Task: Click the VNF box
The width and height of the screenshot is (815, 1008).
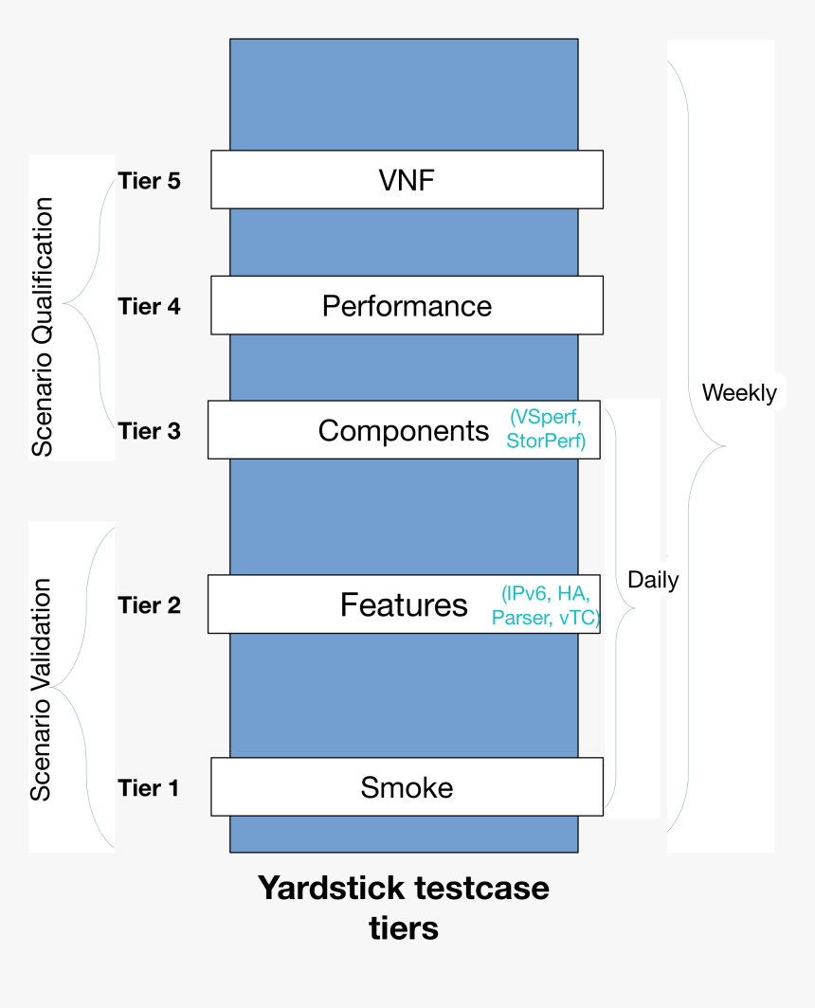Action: (x=407, y=180)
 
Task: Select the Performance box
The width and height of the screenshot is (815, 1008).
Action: (x=407, y=306)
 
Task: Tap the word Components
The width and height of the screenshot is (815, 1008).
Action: (x=404, y=431)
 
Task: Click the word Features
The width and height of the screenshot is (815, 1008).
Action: (x=404, y=604)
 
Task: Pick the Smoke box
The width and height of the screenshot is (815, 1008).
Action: (x=407, y=787)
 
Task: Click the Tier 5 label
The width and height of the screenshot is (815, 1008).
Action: (x=149, y=181)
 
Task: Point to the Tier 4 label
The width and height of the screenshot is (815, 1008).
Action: (x=149, y=306)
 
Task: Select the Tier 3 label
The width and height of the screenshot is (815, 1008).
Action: (x=149, y=431)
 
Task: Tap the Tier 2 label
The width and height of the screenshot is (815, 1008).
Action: (x=149, y=604)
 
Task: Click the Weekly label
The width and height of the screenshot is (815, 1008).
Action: (x=739, y=393)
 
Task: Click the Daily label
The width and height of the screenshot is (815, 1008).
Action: (x=653, y=580)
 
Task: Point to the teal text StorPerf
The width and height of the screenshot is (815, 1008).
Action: (x=546, y=441)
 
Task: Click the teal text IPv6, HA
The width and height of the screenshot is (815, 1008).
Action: (x=546, y=594)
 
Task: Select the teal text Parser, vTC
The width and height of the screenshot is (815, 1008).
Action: (x=545, y=618)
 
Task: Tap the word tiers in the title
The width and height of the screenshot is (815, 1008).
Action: (x=404, y=928)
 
